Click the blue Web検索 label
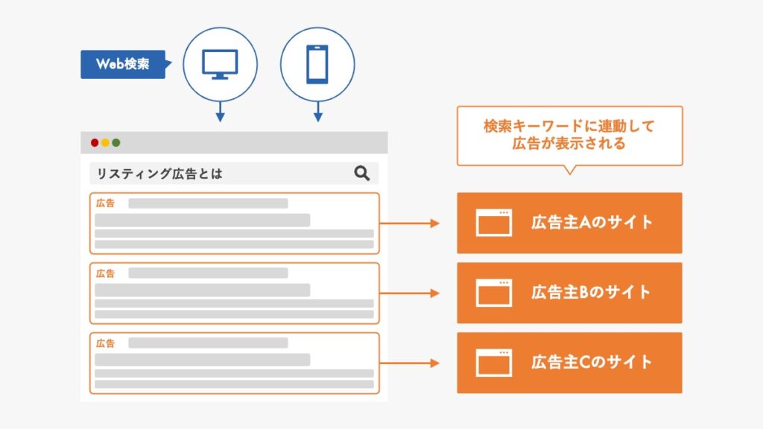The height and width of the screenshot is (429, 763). (122, 64)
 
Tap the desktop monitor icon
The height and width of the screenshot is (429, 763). (220, 64)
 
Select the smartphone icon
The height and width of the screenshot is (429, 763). (317, 64)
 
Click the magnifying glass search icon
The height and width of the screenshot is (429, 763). (362, 174)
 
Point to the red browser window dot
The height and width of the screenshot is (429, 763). (95, 142)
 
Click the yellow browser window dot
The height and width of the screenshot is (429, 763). (105, 142)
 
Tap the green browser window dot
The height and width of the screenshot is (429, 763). (116, 142)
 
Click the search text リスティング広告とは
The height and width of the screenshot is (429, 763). (159, 174)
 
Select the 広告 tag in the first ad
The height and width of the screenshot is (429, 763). (106, 203)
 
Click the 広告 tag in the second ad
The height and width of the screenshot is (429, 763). (106, 273)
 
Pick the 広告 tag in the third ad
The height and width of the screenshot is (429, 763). (106, 343)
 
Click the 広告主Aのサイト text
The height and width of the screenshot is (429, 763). (592, 223)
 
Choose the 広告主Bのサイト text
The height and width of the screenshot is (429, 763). (592, 293)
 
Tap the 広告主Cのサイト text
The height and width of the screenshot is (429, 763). (592, 363)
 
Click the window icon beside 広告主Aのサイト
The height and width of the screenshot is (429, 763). (493, 223)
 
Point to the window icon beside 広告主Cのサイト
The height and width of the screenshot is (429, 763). (493, 363)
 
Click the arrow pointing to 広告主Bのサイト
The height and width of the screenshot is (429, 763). (410, 293)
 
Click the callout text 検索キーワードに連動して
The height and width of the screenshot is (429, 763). (569, 126)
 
